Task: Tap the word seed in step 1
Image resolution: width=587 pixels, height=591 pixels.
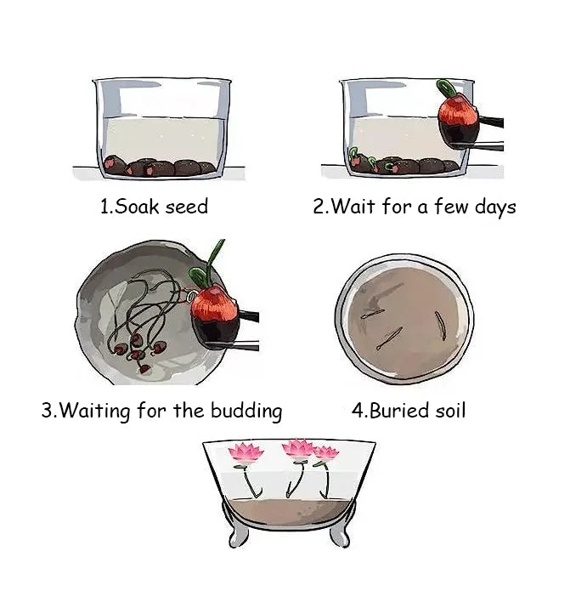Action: point(185,207)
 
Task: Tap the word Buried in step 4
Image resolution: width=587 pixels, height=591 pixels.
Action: point(398,412)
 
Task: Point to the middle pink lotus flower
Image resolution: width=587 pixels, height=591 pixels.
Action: point(298,449)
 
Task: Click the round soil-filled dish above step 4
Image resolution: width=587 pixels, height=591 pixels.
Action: point(404,315)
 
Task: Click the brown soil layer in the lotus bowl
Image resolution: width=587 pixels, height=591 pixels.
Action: point(289,509)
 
